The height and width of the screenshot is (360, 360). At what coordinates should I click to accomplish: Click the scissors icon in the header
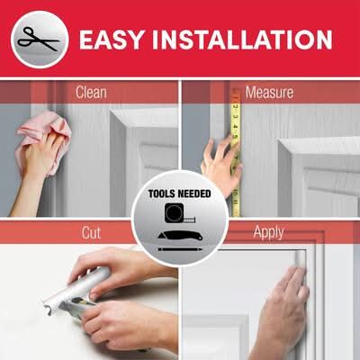coord(39,40)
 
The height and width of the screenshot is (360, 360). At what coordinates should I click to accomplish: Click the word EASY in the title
coord(112,40)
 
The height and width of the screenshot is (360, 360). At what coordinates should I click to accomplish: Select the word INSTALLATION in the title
coord(242,40)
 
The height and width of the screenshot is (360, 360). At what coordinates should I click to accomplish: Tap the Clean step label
coord(91,92)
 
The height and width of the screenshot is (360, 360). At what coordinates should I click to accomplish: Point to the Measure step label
coord(269,92)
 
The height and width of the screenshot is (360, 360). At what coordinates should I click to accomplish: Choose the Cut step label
coord(91,233)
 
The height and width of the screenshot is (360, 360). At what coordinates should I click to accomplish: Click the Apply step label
coord(268,232)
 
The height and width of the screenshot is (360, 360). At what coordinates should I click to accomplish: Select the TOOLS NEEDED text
coord(180,193)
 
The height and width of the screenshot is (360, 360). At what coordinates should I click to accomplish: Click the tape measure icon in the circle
coord(179,213)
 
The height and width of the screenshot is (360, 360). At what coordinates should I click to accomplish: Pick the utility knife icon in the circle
coord(180,236)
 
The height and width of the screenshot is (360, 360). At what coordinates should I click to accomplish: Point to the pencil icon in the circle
coord(180,249)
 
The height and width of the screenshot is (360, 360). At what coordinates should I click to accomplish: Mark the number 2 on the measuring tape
coord(236,107)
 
